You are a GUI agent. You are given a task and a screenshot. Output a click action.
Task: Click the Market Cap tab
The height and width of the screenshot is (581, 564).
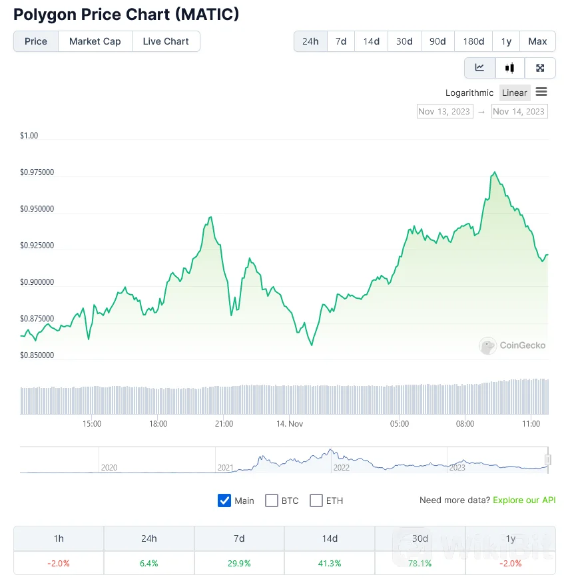(x=95, y=41)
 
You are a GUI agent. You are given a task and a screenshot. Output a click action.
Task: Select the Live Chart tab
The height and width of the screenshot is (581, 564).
(x=166, y=41)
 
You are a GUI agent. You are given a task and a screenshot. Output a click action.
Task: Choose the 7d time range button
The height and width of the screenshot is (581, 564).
(x=341, y=41)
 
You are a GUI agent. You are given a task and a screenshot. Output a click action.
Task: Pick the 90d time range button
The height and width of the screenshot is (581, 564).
(x=437, y=41)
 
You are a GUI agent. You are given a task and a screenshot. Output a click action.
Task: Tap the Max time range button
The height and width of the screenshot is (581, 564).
(x=537, y=41)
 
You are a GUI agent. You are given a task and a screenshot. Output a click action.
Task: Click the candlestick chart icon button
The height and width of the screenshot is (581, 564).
(x=510, y=68)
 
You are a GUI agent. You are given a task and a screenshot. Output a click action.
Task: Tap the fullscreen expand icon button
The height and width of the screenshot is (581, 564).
(x=541, y=68)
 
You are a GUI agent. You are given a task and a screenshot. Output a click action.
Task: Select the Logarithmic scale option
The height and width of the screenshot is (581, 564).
(x=469, y=93)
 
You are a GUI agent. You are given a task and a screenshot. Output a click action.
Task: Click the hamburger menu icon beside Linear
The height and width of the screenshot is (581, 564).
(x=541, y=92)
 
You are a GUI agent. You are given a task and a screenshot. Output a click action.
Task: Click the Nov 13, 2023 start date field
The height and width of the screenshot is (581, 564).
(x=444, y=111)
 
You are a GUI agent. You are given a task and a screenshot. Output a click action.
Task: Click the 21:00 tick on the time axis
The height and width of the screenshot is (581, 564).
(x=224, y=424)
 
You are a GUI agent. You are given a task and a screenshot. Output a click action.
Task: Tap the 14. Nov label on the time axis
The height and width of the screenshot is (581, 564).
(x=290, y=424)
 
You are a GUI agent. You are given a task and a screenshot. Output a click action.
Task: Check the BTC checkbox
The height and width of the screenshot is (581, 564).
(x=272, y=500)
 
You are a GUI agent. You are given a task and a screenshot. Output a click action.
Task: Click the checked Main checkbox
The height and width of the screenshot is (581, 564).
(x=224, y=500)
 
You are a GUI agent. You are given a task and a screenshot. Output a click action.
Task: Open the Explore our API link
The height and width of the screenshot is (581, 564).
(x=524, y=500)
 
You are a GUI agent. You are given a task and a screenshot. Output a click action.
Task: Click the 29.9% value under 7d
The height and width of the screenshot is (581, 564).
(x=239, y=563)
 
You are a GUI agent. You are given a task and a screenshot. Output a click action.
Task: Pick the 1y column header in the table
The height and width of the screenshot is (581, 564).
(x=510, y=538)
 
